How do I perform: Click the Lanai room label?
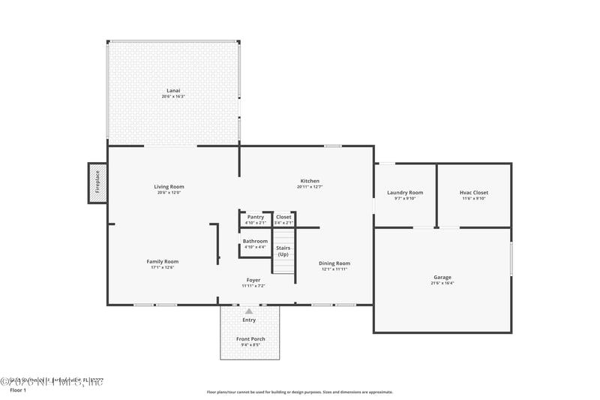173,91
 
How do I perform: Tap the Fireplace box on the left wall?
97,183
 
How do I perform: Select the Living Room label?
169,187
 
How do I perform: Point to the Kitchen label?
310,181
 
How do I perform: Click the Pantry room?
255,218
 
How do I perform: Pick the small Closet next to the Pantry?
283,218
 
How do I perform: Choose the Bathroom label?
255,242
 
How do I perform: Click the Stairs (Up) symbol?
283,251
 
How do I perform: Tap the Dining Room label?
334,263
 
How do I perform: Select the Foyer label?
254,280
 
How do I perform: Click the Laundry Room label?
405,193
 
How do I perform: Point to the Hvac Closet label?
474,193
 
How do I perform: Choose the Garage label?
442,277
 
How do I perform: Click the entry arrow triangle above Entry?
249,311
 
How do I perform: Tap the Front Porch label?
250,339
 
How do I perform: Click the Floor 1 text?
17,391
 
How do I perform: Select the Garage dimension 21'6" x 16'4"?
442,283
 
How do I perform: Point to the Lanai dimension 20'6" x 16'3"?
173,97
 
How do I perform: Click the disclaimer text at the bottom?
299,392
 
